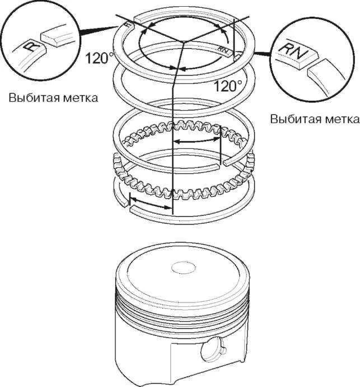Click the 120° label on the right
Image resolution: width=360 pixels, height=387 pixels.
(228, 86)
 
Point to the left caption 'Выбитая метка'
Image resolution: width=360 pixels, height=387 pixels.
(54, 98)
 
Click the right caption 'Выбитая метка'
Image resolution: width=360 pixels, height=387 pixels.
(314, 119)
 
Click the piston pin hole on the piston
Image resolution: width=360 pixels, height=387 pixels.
(210, 351)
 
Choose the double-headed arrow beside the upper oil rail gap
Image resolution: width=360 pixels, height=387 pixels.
(196, 141)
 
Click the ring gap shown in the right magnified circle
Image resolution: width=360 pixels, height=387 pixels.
(308, 67)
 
